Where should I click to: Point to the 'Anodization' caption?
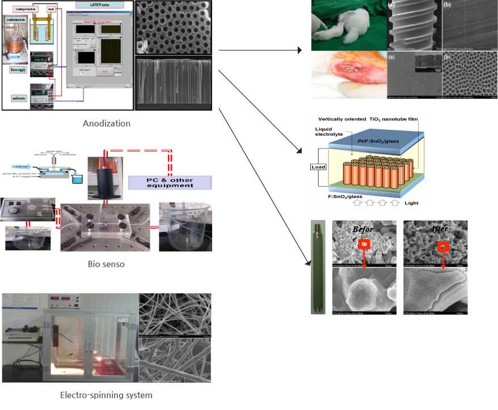106,123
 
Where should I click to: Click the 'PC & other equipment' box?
170,182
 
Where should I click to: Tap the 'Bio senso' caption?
106,264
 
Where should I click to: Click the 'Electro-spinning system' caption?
106,395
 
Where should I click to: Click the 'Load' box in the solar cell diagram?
317,167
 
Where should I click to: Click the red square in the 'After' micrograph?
444,247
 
